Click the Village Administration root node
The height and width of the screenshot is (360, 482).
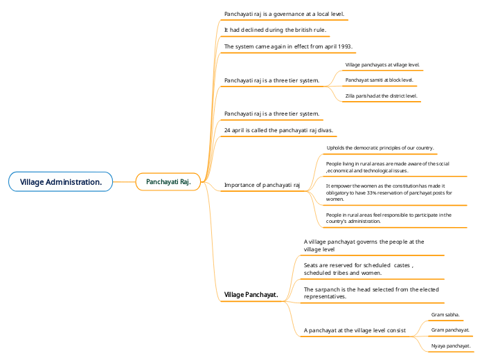61,181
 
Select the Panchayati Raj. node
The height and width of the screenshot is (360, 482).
168,181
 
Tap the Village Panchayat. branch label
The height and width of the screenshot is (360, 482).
251,295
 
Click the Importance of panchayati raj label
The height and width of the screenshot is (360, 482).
262,185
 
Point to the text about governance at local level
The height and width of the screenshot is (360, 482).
284,14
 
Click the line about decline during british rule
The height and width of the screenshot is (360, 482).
275,30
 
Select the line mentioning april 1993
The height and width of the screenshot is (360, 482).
288,46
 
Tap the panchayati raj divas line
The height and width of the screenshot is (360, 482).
279,129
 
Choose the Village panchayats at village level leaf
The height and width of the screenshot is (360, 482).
382,64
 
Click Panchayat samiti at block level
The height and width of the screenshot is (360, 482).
379,80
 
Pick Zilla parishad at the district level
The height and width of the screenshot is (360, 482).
381,96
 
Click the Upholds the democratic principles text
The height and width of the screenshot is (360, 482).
380,147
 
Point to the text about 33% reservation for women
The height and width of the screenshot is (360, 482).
389,192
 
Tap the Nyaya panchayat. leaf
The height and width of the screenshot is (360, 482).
450,345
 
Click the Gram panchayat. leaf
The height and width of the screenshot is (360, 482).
450,330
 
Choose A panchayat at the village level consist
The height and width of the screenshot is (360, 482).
355,330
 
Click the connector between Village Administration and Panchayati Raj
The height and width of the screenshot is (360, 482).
123,181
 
